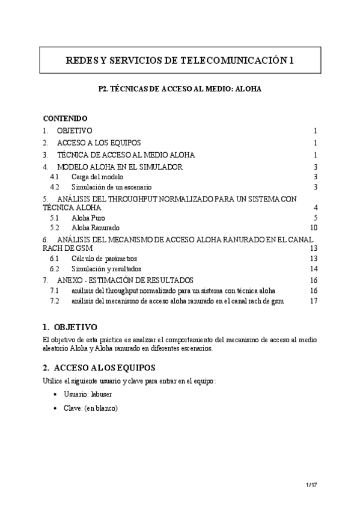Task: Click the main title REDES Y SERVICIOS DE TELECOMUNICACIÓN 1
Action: (x=180, y=60)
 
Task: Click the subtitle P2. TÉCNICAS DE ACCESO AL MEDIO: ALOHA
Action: (x=180, y=88)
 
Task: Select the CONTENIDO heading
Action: (x=66, y=118)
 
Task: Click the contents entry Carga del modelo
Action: (x=97, y=177)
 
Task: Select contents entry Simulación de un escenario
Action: (x=111, y=187)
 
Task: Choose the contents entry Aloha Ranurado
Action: (x=95, y=228)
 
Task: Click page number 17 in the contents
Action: (x=313, y=301)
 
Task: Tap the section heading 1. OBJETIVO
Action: (x=70, y=328)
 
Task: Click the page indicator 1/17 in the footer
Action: (x=310, y=484)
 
